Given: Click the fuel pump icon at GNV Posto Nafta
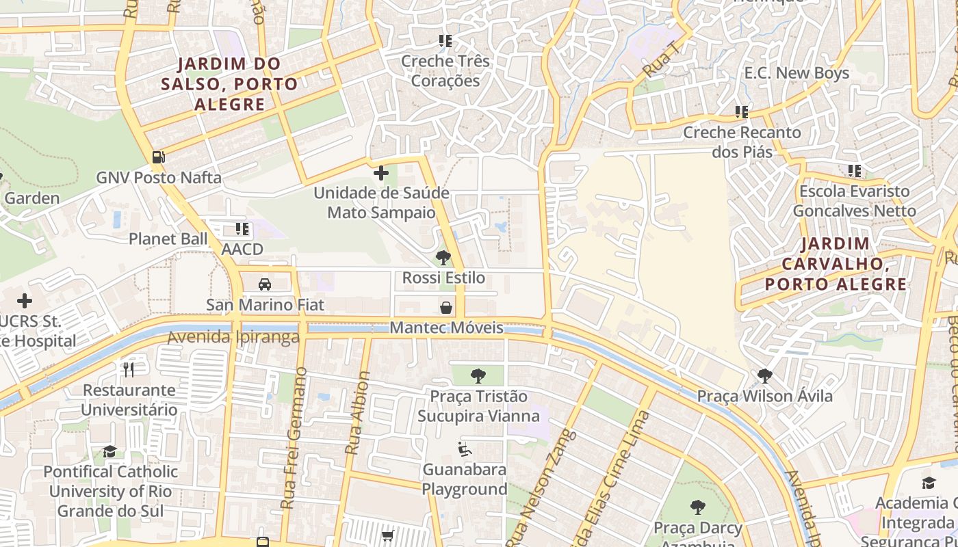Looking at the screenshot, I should [x=158, y=157].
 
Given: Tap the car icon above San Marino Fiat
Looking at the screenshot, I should [x=265, y=284].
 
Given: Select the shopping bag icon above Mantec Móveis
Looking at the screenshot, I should [x=446, y=308].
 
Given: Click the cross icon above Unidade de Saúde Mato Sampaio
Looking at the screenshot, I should [x=381, y=173].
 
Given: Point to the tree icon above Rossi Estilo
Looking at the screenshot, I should [x=443, y=258].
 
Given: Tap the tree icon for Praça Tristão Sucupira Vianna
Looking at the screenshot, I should [x=478, y=375].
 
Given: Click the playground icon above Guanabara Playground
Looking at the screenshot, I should [x=465, y=449].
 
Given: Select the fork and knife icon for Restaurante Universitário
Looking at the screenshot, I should [x=129, y=370].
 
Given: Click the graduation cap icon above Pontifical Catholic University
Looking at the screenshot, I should [x=109, y=451].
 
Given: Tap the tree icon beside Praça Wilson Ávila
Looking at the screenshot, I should [x=764, y=375].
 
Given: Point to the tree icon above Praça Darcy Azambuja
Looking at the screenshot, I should [x=697, y=507].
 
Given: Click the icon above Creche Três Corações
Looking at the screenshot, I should [x=445, y=41].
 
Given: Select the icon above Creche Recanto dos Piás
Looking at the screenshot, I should [x=742, y=111].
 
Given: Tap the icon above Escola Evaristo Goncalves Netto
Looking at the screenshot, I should [x=854, y=171].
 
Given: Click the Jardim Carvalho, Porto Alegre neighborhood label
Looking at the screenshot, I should [x=835, y=264].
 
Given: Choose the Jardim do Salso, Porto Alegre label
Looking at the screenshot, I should [x=229, y=84].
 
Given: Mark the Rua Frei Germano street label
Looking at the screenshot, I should [x=293, y=438].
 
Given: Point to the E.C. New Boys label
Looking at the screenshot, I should [x=797, y=73].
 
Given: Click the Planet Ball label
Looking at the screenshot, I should [x=168, y=239].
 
